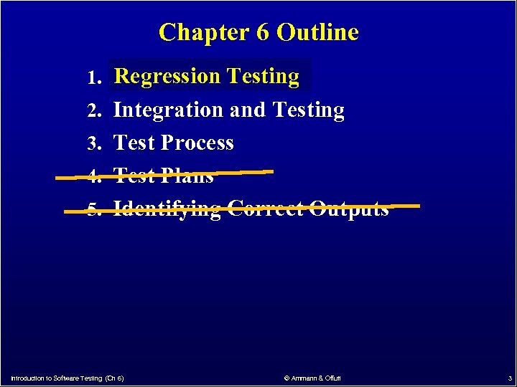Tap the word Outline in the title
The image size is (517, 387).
tap(317, 32)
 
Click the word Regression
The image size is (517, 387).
tap(167, 76)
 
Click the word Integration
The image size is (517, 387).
tap(169, 110)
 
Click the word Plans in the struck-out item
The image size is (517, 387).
tap(187, 176)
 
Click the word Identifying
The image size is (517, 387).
tap(167, 209)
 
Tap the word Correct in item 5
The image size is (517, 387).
tap(265, 209)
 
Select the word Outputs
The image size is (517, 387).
tap(349, 209)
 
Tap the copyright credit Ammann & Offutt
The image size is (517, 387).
tap(312, 378)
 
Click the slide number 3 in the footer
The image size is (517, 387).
tap(509, 378)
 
